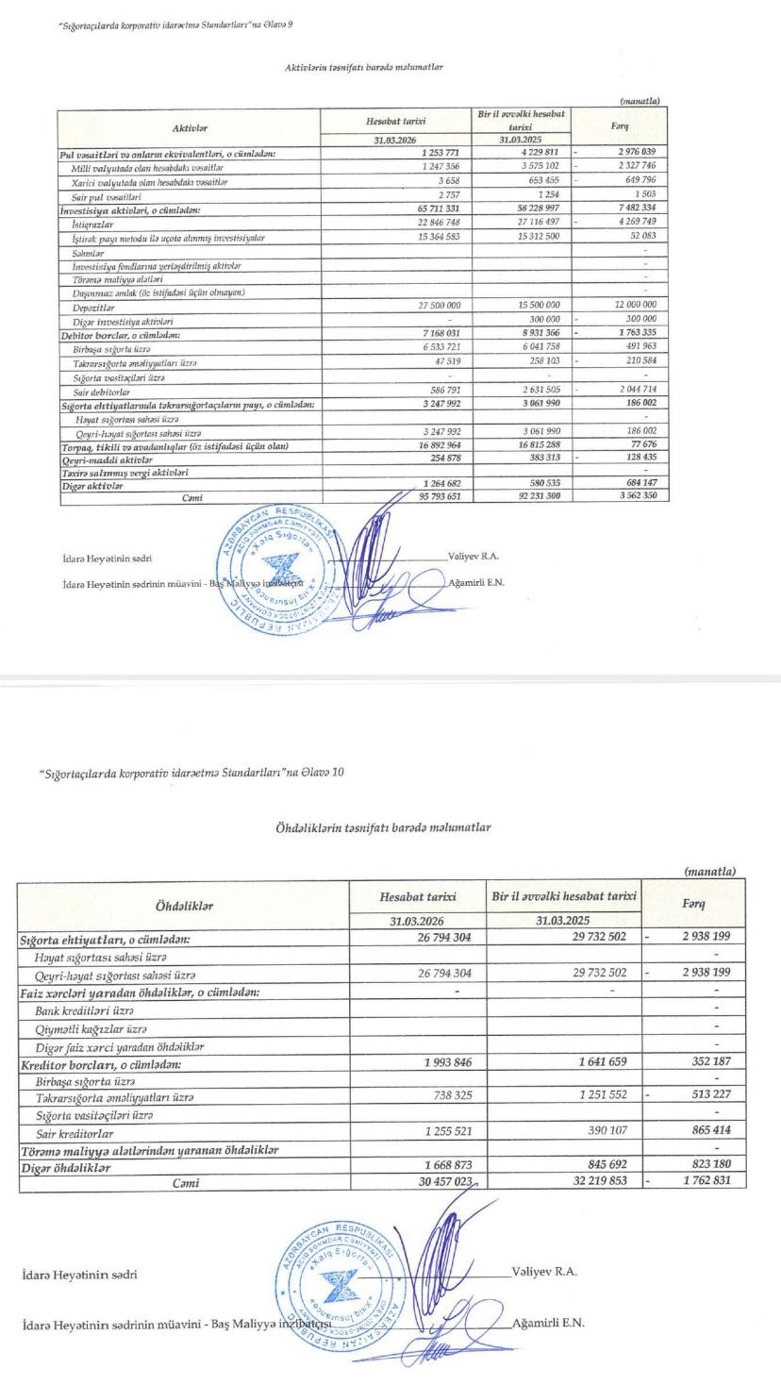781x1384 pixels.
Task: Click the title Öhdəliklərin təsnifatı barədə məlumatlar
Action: pos(383,827)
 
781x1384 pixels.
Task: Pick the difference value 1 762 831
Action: pos(709,1181)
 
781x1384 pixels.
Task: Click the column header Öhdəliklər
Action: pos(184,907)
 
